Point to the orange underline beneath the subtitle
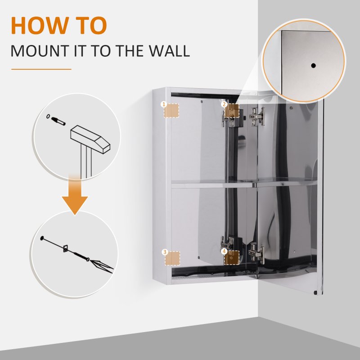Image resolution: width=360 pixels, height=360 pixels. coord(41,69)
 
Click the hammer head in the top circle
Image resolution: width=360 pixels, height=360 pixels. coord(90,137)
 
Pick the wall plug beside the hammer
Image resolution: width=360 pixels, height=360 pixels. coord(59,120)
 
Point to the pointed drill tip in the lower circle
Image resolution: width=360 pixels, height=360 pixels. coord(102,266)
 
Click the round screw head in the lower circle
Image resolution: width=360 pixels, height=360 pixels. coord(42,237)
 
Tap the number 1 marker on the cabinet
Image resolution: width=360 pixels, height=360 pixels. coord(164,104)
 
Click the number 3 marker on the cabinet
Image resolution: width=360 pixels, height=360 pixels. coord(165,252)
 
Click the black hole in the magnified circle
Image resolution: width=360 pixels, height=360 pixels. coord(313,66)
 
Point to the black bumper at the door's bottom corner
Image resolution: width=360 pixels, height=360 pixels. coord(320,293)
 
